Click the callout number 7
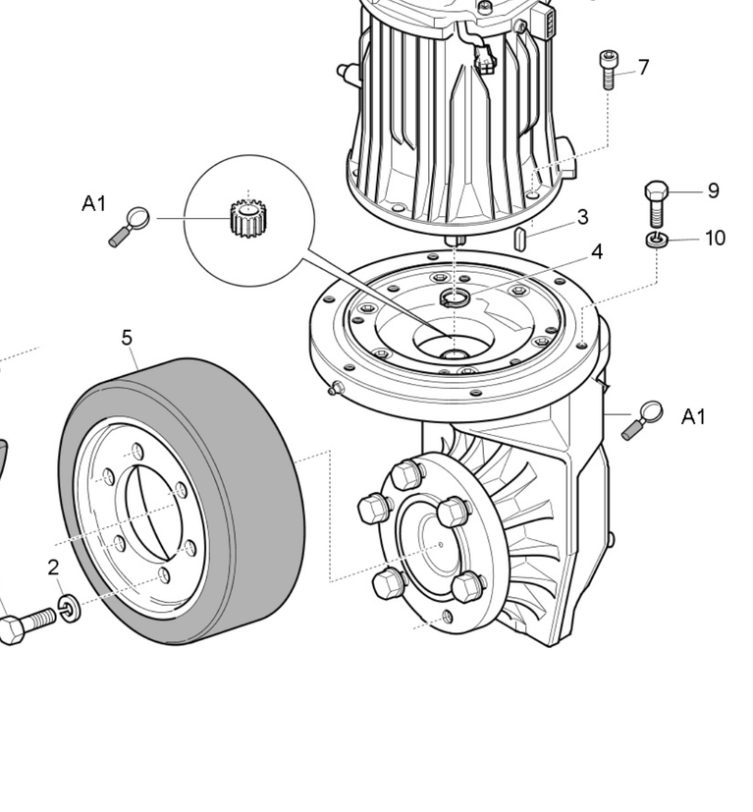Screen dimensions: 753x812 (x=643, y=68)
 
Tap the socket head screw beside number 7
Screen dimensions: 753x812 (x=608, y=70)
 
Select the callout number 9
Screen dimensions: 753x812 (x=713, y=191)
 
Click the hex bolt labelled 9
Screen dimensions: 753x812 (x=656, y=203)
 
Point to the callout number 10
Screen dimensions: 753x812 (x=715, y=239)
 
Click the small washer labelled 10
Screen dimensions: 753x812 (x=657, y=240)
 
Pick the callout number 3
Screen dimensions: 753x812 (x=582, y=217)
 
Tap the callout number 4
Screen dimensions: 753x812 (x=597, y=252)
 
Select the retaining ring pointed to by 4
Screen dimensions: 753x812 (x=455, y=298)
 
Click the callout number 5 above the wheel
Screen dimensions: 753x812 (x=127, y=338)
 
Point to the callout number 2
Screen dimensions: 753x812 (x=53, y=568)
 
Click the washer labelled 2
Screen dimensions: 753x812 (x=69, y=609)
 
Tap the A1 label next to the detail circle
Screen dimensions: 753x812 (x=93, y=203)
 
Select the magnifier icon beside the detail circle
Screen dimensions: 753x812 (x=130, y=226)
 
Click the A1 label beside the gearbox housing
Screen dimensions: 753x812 (x=693, y=416)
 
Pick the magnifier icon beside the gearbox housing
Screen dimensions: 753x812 (x=642, y=420)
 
